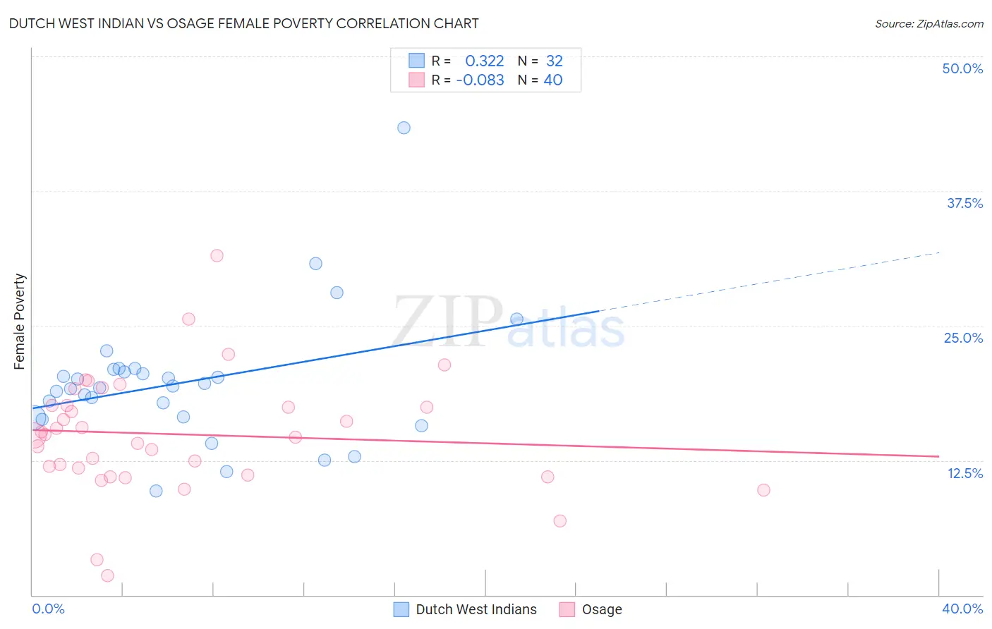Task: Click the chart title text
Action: click(244, 23)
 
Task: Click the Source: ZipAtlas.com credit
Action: click(929, 23)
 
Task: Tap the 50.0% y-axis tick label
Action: click(962, 68)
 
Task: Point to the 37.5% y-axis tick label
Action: click(964, 203)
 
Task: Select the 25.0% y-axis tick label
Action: click(963, 338)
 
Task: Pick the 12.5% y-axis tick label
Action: click(964, 473)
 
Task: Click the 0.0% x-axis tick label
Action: click(48, 609)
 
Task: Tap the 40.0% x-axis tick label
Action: click(962, 609)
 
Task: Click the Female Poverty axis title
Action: click(20, 322)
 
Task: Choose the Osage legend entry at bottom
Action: click(601, 609)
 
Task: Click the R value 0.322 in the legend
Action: click(484, 61)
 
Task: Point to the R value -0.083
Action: click(480, 80)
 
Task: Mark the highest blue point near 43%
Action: click(404, 128)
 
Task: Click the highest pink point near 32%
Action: click(217, 255)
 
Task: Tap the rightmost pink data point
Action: click(763, 490)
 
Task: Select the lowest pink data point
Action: click(108, 575)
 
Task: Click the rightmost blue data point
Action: click(516, 319)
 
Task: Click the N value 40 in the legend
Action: click(553, 80)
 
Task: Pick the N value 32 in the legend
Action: click(555, 61)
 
